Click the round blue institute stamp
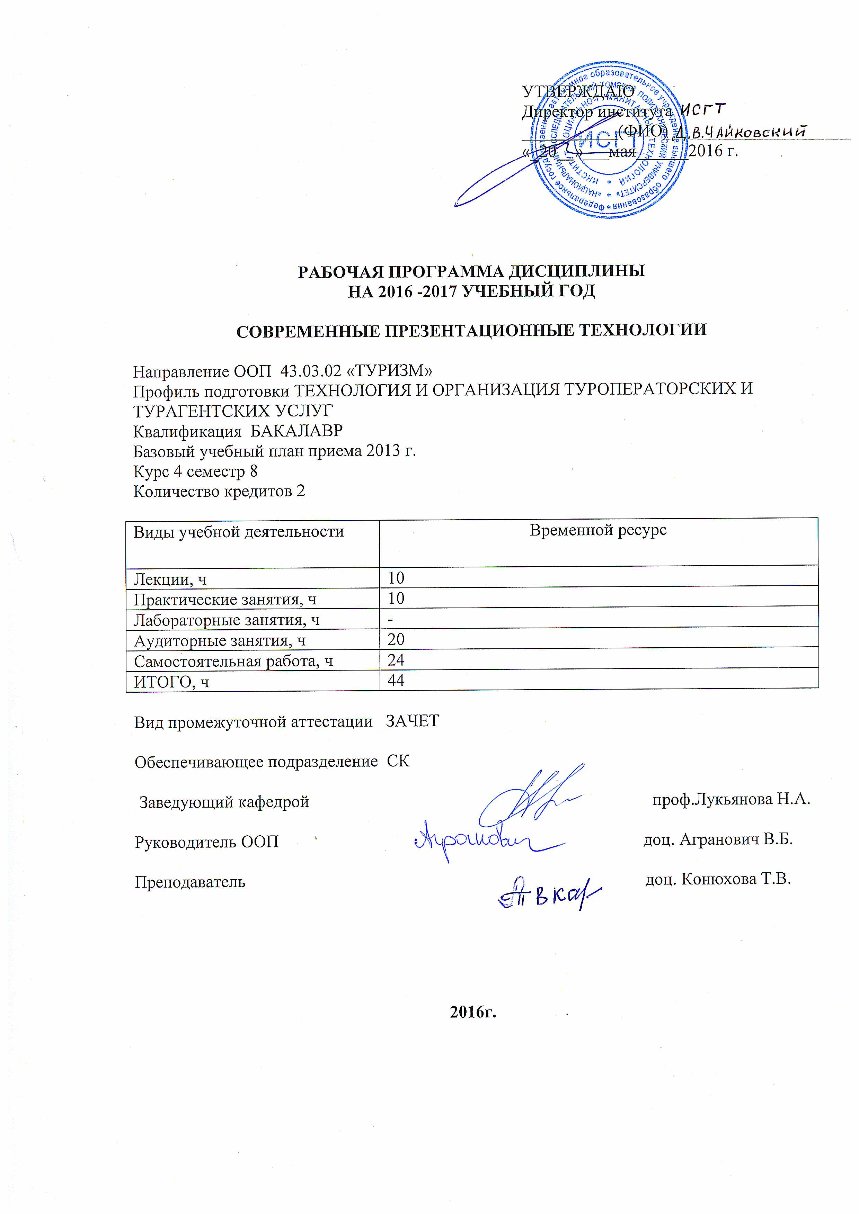click(608, 140)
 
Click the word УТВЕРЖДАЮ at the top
click(578, 91)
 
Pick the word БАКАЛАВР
click(296, 431)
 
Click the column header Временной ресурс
click(598, 530)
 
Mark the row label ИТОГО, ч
click(171, 682)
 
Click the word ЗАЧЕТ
click(412, 721)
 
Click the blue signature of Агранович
click(476, 841)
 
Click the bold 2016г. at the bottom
click(473, 1011)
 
